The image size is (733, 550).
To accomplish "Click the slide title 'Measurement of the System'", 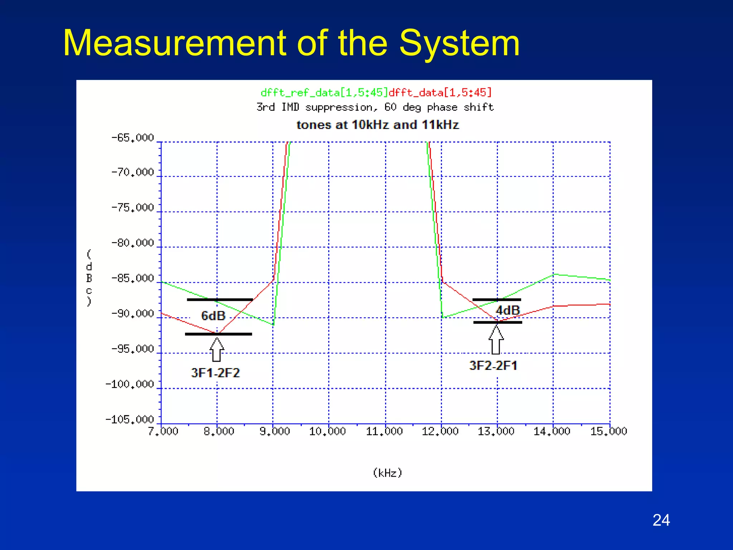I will click(291, 44).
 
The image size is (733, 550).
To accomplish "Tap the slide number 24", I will click(661, 520).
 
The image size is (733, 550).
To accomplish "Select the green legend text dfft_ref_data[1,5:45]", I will click(324, 93).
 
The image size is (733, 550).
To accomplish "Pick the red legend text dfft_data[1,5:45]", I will click(440, 93).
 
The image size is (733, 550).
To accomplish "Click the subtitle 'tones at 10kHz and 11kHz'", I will click(378, 125).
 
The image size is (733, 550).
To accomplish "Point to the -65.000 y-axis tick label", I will click(132, 138).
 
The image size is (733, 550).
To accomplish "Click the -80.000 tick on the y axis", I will click(132, 243).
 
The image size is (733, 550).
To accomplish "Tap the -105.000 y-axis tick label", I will click(130, 419).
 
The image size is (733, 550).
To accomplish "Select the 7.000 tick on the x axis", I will click(163, 431).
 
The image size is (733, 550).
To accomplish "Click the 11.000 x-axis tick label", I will click(384, 431).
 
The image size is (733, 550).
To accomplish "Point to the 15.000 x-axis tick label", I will click(608, 431).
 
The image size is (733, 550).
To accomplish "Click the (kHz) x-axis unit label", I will click(388, 473).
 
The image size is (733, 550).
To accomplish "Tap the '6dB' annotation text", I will click(213, 316).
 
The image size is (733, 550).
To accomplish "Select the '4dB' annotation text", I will click(508, 310).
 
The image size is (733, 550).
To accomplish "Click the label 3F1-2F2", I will click(215, 373).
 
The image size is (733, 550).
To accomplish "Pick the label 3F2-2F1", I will click(493, 366).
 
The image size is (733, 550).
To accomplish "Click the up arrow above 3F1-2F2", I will click(217, 349).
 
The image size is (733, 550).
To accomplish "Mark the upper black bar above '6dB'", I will click(220, 300).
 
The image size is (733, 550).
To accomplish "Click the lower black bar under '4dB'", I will click(497, 323).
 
